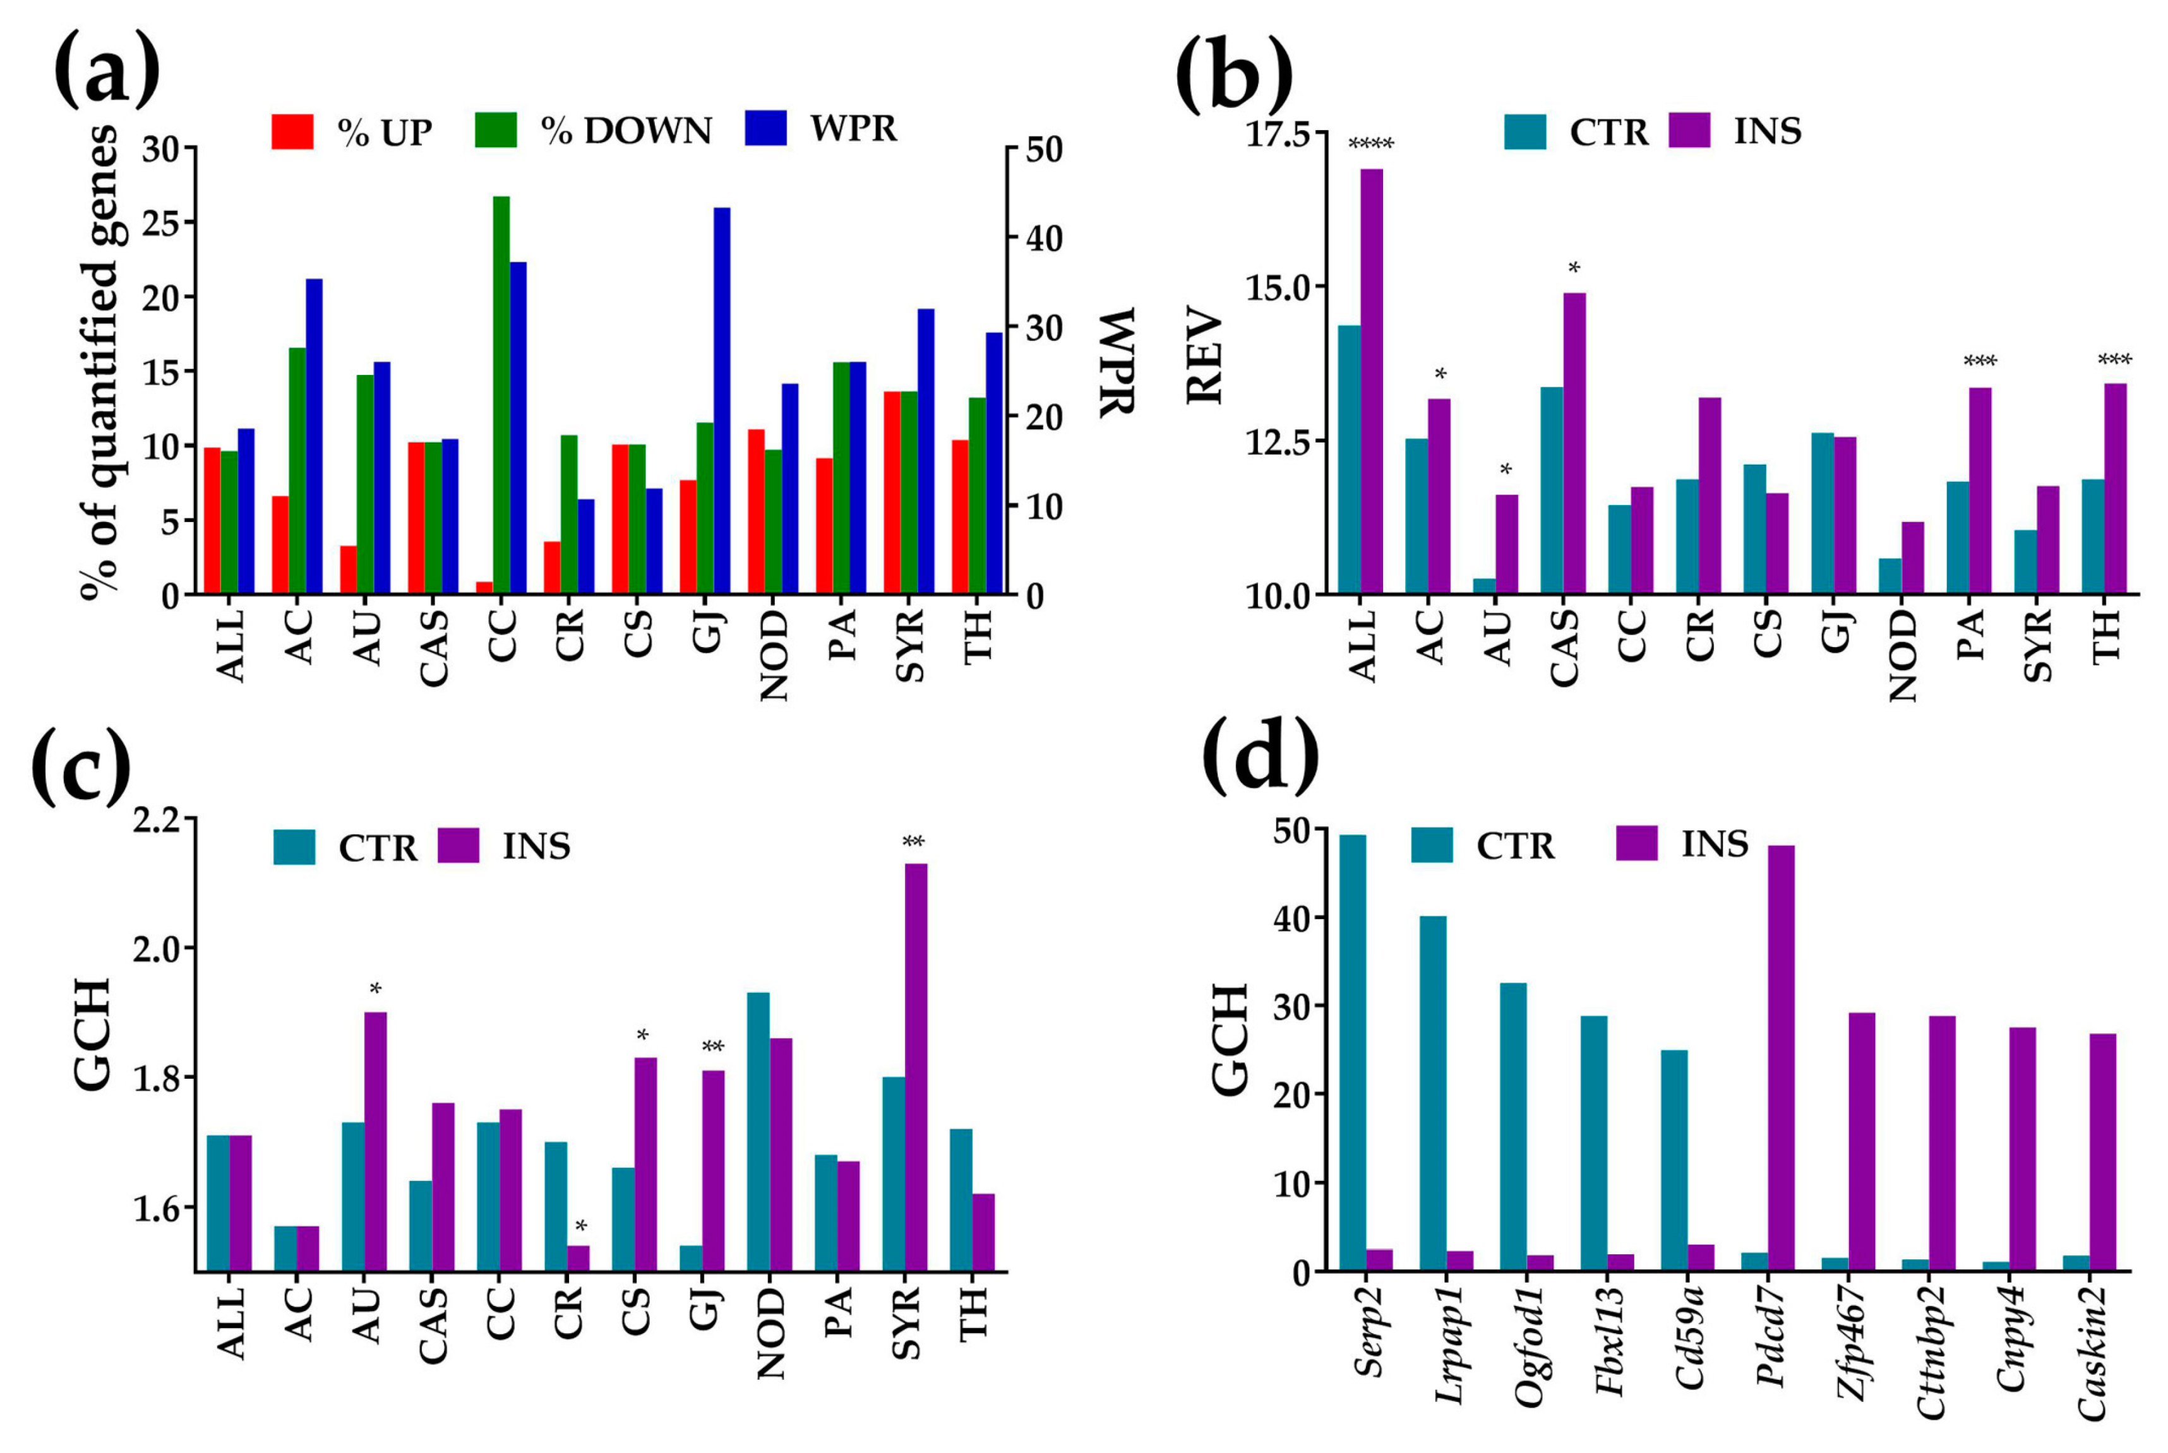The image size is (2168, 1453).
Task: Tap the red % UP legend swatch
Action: (x=292, y=131)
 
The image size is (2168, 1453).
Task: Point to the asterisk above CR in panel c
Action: (x=580, y=1228)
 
